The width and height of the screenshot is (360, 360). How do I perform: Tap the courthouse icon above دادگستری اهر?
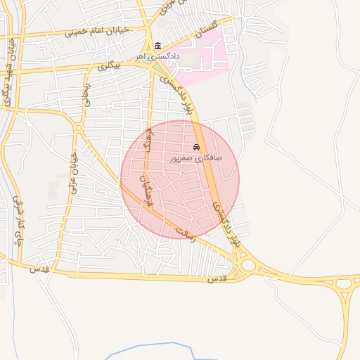157,46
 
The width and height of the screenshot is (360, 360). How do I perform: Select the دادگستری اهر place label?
162,56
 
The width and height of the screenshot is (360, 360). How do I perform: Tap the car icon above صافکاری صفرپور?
196,148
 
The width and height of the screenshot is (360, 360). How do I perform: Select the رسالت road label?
184,232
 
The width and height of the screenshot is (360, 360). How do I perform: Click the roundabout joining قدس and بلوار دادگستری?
247,266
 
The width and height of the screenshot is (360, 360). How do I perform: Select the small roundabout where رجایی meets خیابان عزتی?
79,127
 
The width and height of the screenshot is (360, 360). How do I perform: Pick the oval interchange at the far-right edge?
345,285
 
